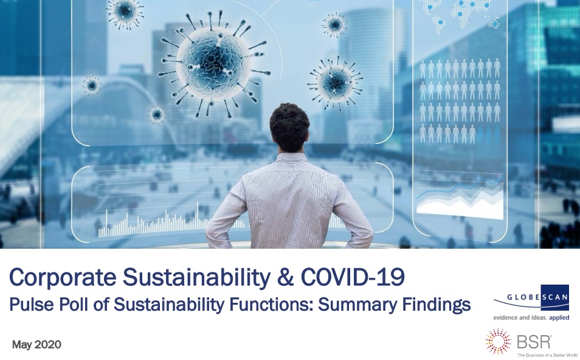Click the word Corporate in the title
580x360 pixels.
coord(62,277)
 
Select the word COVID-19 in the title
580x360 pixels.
coord(353,277)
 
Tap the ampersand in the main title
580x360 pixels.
coord(285,277)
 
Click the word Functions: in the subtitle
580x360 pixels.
coord(271,305)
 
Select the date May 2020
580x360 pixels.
coord(36,344)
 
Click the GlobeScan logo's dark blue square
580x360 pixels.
coord(554,297)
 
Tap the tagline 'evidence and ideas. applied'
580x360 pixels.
coord(531,317)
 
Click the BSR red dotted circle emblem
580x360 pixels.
coord(499,342)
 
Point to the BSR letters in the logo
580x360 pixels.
coord(534,342)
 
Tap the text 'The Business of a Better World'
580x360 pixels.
coord(547,355)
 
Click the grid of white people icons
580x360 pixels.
coord(460,101)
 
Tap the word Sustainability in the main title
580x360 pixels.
coord(196,277)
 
